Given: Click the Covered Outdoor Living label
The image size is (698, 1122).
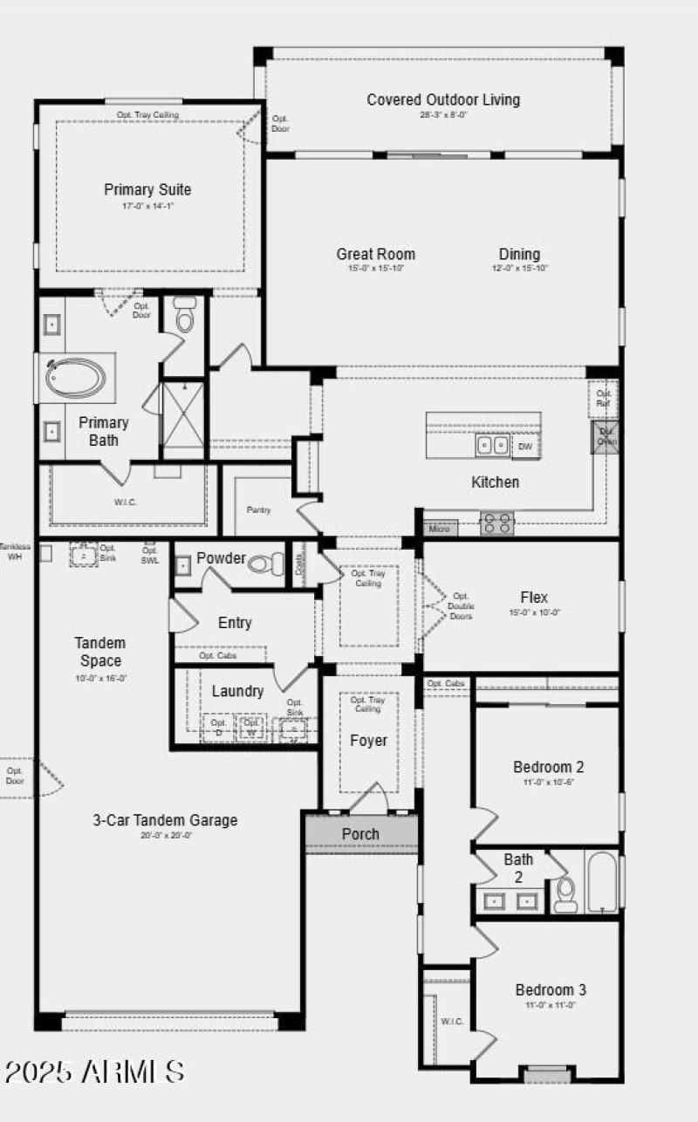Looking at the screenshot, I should click(443, 99).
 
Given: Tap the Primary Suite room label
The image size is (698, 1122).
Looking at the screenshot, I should click(147, 189).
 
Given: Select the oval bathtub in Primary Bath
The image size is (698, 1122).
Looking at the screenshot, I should click(76, 379).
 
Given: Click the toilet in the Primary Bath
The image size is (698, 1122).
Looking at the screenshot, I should click(185, 316).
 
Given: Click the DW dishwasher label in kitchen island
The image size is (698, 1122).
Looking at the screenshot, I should click(524, 447).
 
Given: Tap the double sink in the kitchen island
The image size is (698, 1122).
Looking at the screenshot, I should click(492, 446).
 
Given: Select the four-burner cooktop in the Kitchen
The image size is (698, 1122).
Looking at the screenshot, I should click(497, 523).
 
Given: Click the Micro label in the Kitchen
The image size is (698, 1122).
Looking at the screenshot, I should click(439, 528).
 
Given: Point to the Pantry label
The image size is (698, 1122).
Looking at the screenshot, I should click(258, 509).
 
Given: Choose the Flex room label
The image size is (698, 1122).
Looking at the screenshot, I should click(534, 598).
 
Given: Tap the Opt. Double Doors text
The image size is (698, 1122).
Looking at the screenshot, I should click(461, 605).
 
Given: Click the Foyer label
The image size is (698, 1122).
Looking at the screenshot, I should click(368, 741).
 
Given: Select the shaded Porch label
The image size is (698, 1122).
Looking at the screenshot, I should click(360, 834).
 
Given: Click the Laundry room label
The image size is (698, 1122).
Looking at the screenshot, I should click(237, 691).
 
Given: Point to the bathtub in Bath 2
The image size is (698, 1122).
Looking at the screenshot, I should click(601, 881).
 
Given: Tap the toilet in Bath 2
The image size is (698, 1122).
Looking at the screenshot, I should click(565, 893).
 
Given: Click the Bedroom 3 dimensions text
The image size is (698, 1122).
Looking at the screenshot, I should click(550, 1005).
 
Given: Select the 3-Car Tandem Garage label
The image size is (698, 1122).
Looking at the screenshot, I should click(165, 820).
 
